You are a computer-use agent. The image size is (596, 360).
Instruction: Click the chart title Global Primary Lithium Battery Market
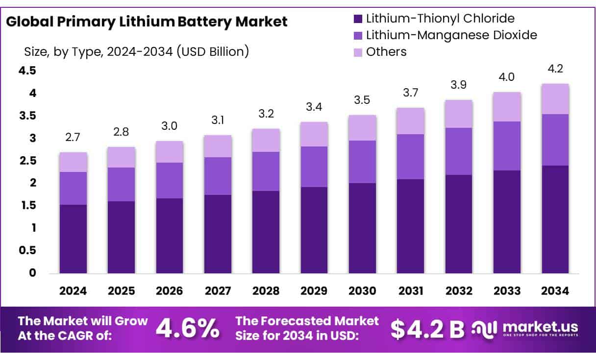(147, 22)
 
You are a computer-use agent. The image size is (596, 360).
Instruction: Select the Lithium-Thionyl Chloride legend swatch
(357, 19)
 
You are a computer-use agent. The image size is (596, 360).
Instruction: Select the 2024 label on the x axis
(73, 290)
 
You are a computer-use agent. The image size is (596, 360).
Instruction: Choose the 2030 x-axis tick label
(362, 290)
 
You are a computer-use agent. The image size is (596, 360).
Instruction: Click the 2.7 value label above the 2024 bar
(73, 138)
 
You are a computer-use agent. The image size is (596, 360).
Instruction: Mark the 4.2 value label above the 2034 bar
(555, 69)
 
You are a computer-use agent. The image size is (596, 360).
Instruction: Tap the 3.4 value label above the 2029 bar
(314, 107)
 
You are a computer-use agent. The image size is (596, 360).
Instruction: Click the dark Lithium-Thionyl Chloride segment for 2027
(218, 234)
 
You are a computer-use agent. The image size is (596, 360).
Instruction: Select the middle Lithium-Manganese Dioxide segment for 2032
(459, 151)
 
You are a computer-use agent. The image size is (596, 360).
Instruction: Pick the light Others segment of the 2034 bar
(555, 99)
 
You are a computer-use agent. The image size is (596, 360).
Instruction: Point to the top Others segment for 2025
(122, 157)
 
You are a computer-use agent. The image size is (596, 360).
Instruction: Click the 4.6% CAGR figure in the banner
(187, 329)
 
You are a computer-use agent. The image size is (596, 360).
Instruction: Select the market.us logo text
(540, 327)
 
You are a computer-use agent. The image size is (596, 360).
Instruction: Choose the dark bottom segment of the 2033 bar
(507, 222)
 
